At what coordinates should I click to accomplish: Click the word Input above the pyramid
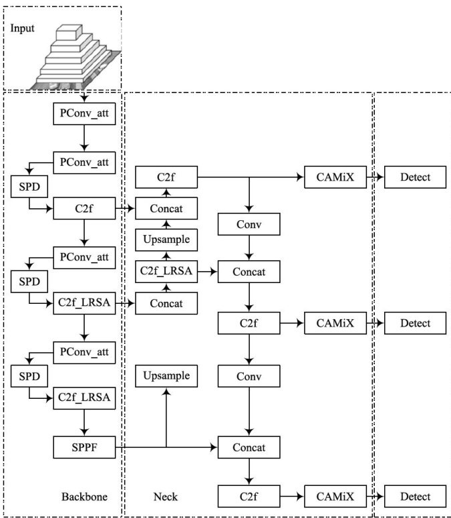point(21,29)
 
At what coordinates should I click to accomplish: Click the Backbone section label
point(84,497)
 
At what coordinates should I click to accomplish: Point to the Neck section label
point(164,497)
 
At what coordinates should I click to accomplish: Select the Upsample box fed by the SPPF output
point(166,375)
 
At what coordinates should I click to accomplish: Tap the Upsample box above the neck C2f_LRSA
point(166,239)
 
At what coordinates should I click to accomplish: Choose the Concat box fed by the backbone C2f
point(166,209)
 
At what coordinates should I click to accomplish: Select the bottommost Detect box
point(416,497)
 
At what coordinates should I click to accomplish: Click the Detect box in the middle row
point(416,323)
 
